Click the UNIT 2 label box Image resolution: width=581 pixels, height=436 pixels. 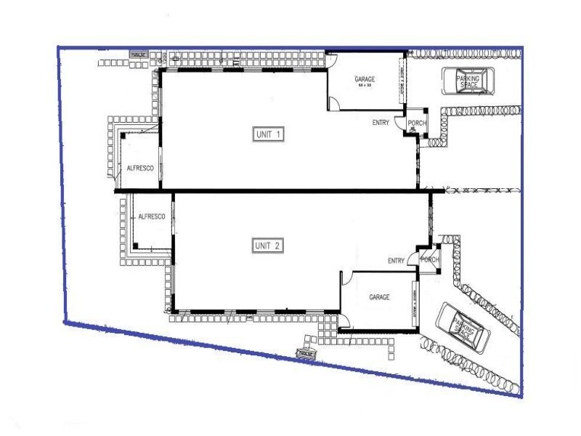click(x=269, y=246)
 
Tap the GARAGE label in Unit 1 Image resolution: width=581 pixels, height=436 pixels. click(x=364, y=78)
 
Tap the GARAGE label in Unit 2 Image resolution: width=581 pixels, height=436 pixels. click(x=379, y=297)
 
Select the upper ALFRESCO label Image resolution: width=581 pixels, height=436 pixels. click(x=139, y=168)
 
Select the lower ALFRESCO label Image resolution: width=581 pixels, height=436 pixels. click(x=152, y=217)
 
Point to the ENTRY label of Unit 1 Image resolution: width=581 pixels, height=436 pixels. click(x=381, y=123)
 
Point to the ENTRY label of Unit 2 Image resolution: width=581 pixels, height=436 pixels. click(x=396, y=261)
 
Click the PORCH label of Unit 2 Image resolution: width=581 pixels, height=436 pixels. click(x=430, y=260)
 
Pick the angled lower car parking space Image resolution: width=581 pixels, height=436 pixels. click(x=463, y=327)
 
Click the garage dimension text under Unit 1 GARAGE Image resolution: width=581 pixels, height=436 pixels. click(x=364, y=86)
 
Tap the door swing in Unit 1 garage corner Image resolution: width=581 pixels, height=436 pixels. click(x=335, y=104)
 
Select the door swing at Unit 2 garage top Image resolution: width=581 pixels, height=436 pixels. click(x=347, y=276)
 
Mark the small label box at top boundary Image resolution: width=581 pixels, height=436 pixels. click(x=139, y=54)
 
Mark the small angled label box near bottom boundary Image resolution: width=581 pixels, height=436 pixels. click(x=306, y=353)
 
